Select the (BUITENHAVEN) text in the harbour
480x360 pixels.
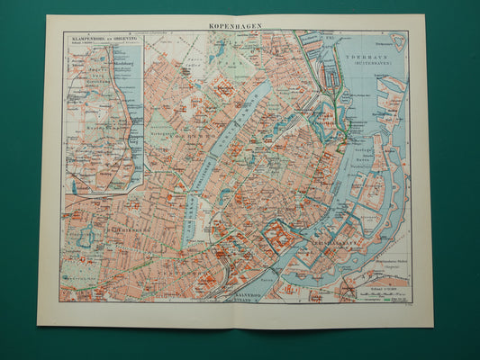(x=365, y=62)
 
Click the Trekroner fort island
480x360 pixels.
(x=398, y=41)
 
